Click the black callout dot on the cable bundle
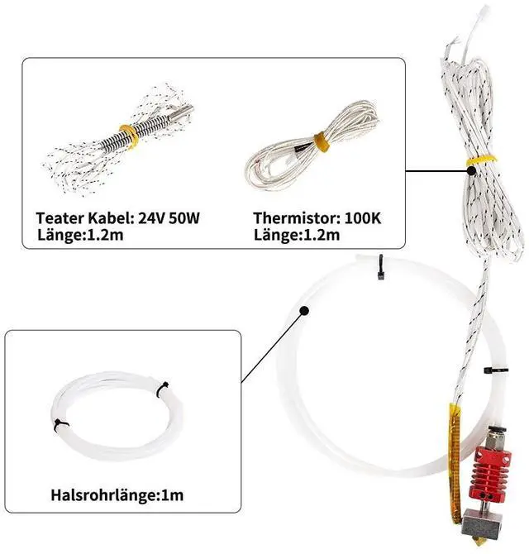pos(471,170)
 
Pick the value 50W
pos(182,219)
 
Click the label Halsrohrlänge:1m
pos(117,496)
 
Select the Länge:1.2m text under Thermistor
pos(296,236)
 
